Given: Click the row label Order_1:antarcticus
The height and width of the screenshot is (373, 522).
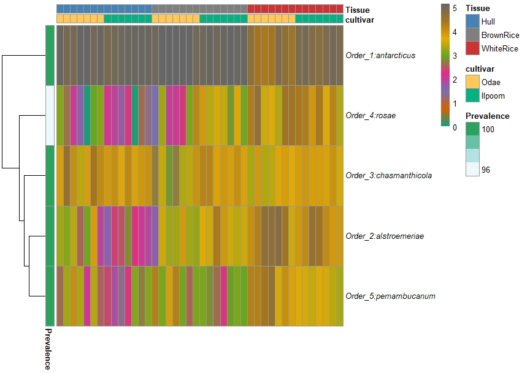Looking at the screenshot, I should point(380,56).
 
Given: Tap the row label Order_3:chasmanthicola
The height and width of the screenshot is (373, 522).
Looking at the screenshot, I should point(388,175).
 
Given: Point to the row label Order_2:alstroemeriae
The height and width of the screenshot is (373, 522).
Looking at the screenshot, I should point(385,236).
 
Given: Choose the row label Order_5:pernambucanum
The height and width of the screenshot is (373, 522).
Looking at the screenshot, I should point(390,296).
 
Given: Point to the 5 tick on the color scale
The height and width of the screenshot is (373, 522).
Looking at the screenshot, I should point(454,9).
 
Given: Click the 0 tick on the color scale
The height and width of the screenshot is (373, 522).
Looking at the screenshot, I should point(454,127).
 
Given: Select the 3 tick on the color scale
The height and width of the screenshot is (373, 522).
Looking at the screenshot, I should point(454,56).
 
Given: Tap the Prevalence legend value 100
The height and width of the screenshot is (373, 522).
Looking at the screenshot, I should point(488,129).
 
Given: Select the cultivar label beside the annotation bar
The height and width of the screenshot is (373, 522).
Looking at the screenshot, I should point(359,20).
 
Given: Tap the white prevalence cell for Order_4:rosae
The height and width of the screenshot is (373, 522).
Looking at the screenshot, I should point(50,115).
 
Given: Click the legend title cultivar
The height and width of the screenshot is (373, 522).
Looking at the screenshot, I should point(480,69).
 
